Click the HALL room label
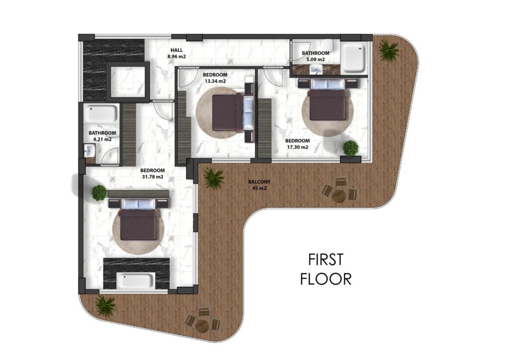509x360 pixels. [176, 50]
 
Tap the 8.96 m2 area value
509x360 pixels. [176, 57]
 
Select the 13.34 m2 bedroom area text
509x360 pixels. [215, 81]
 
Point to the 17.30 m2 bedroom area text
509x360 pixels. [297, 147]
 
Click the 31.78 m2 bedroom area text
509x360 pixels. [152, 177]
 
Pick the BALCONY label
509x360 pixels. [259, 182]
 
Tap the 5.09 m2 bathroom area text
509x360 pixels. [316, 59]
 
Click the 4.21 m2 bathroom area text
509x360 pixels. [102, 139]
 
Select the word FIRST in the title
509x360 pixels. [326, 260]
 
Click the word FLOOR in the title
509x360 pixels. [326, 279]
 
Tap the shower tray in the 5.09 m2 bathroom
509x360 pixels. [354, 59]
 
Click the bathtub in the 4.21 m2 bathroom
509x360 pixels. [100, 113]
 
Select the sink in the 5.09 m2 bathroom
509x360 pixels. [316, 69]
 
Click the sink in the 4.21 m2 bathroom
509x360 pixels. [89, 150]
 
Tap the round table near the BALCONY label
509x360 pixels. [339, 195]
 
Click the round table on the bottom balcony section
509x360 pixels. [202, 326]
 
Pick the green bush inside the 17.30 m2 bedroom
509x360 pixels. [350, 148]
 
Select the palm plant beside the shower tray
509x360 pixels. [389, 50]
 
